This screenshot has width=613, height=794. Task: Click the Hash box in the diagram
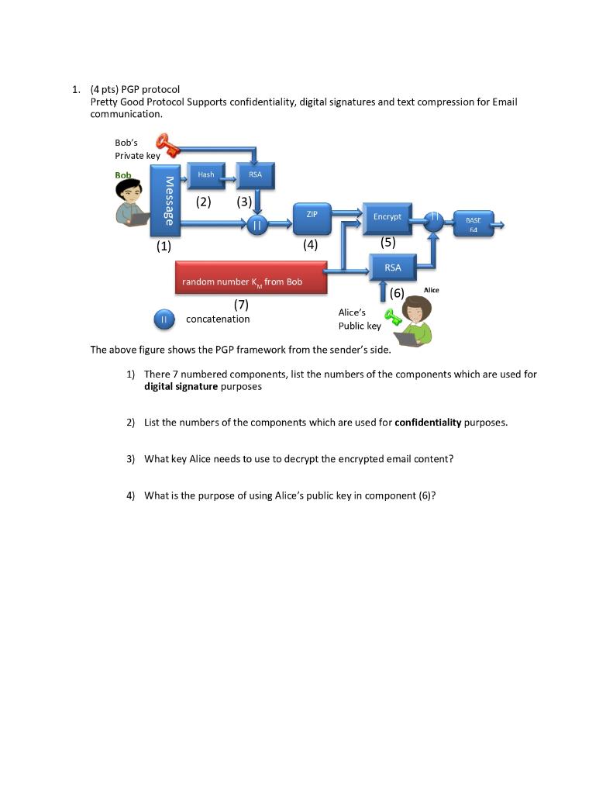[x=206, y=176]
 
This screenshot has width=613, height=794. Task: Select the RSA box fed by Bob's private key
[x=256, y=176]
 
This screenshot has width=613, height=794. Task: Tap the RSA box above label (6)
[x=393, y=268]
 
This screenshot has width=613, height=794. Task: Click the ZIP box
[x=312, y=218]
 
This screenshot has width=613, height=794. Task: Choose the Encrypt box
[x=387, y=219]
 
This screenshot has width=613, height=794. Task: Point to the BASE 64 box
[x=473, y=225]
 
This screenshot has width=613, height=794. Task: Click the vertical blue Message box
[x=164, y=200]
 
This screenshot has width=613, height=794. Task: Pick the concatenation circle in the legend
[x=164, y=319]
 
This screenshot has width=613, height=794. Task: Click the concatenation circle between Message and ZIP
[x=257, y=225]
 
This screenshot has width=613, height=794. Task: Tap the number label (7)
[x=241, y=305]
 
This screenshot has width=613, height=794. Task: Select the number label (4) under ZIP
[x=311, y=244]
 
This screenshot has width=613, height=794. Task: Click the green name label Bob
[x=123, y=175]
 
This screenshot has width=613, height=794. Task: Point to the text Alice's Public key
[x=359, y=319]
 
